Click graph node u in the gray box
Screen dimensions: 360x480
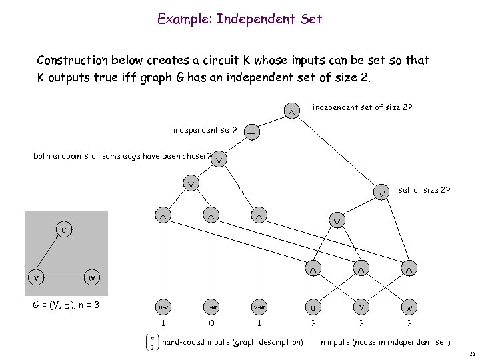[x=63, y=231]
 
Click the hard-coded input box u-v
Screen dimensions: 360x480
[x=162, y=307]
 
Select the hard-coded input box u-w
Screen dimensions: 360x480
[x=210, y=307]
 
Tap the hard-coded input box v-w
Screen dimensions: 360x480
[x=257, y=307]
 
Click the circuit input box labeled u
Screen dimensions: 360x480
[x=311, y=307]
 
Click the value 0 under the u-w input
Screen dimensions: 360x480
[x=210, y=324]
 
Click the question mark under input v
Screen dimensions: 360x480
[x=359, y=324]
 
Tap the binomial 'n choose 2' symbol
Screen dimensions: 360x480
[x=153, y=342]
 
